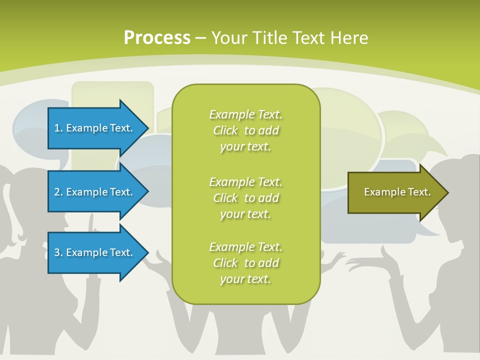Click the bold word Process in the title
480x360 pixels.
(157, 38)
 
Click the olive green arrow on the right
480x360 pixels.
(395, 192)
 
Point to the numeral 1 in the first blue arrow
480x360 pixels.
(57, 128)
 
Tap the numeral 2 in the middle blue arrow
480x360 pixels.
(57, 192)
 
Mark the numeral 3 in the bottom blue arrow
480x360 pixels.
(57, 252)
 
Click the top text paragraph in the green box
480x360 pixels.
(245, 130)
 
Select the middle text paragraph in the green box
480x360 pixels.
(245, 197)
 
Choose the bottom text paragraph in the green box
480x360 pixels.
(245, 263)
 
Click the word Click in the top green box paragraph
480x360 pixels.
(225, 130)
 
